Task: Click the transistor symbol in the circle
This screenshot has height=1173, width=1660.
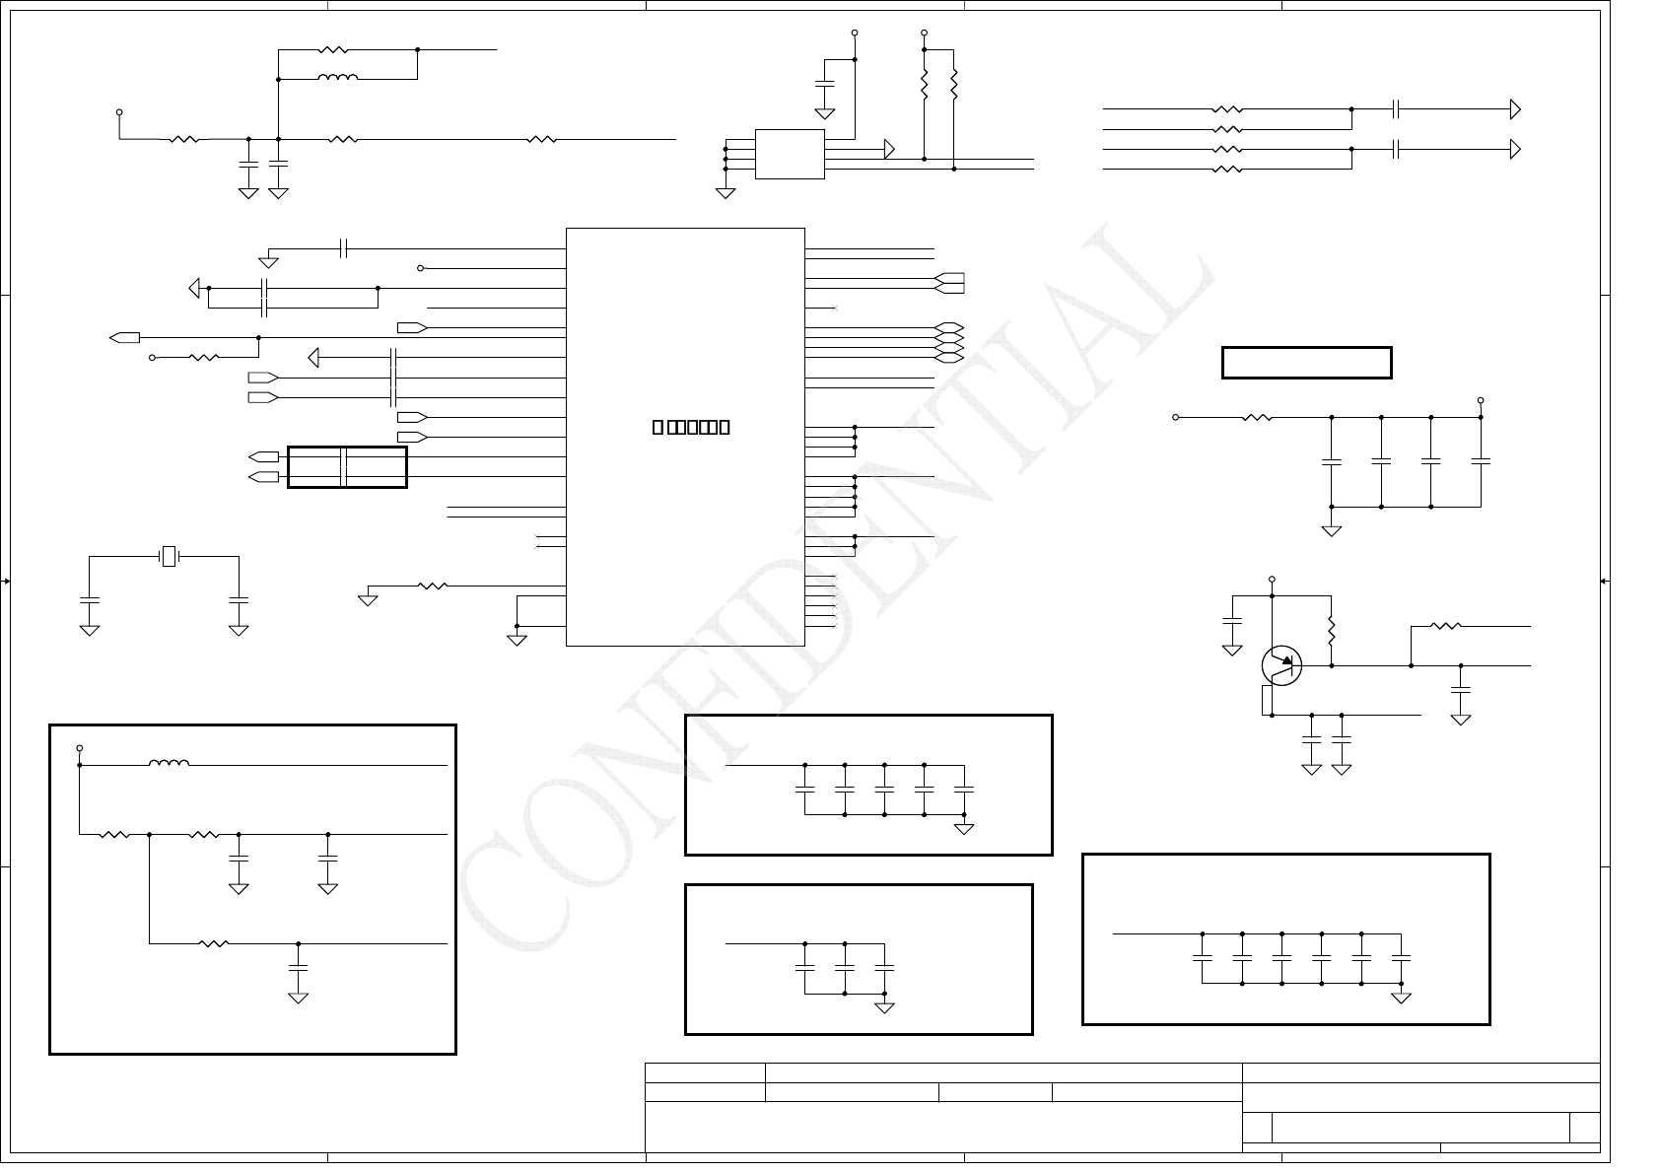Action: tap(1281, 665)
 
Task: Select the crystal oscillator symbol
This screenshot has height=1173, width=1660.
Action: tap(170, 557)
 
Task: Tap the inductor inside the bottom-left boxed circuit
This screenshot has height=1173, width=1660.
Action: tap(169, 763)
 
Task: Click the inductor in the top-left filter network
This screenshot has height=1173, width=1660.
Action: tap(338, 78)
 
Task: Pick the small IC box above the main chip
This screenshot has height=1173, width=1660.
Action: tap(790, 154)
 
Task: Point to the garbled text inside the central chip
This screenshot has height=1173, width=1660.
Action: tap(691, 428)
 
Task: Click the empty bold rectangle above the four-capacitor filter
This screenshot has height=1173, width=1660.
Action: tap(1306, 363)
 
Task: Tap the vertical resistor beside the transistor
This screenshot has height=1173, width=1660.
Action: tap(1331, 629)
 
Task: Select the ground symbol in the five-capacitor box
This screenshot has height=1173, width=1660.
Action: tap(964, 828)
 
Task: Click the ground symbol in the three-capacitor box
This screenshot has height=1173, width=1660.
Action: tap(884, 1006)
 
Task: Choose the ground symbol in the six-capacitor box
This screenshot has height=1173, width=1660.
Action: tap(1401, 997)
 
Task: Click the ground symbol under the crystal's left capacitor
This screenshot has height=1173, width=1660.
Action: tap(90, 629)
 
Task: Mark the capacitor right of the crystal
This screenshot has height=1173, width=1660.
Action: tap(239, 598)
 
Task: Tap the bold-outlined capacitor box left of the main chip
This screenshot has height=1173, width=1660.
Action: tap(347, 467)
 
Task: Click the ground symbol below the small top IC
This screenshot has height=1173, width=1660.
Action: tap(726, 192)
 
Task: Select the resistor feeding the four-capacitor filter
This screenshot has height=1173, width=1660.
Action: tap(1257, 418)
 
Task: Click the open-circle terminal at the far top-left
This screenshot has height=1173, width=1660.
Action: tap(119, 112)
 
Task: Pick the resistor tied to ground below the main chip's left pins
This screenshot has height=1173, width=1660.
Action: tap(433, 586)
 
